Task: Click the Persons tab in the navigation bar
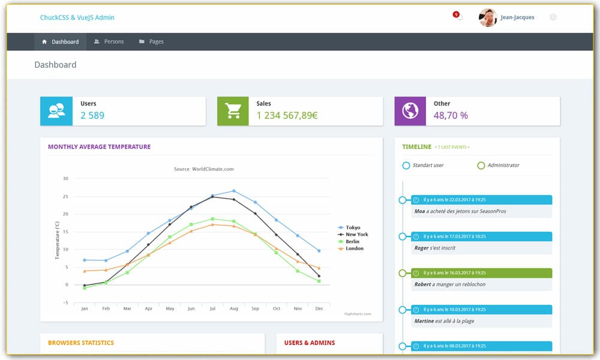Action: (x=109, y=42)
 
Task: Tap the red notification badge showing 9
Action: (x=456, y=14)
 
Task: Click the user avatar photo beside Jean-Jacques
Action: (x=488, y=18)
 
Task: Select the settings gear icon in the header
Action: (x=553, y=17)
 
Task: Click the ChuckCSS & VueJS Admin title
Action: (x=77, y=18)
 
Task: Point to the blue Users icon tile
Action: (x=56, y=111)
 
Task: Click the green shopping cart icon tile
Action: (x=233, y=111)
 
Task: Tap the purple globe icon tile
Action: (x=410, y=111)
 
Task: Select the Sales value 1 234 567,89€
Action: (x=287, y=116)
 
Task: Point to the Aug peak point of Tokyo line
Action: (x=233, y=191)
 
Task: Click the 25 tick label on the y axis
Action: (x=65, y=196)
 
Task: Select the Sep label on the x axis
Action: (x=255, y=308)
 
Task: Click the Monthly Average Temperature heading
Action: (x=99, y=147)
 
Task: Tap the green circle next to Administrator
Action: (x=481, y=166)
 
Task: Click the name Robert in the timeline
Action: (x=422, y=284)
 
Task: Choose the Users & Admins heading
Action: (x=310, y=343)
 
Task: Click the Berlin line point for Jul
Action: (x=212, y=219)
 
